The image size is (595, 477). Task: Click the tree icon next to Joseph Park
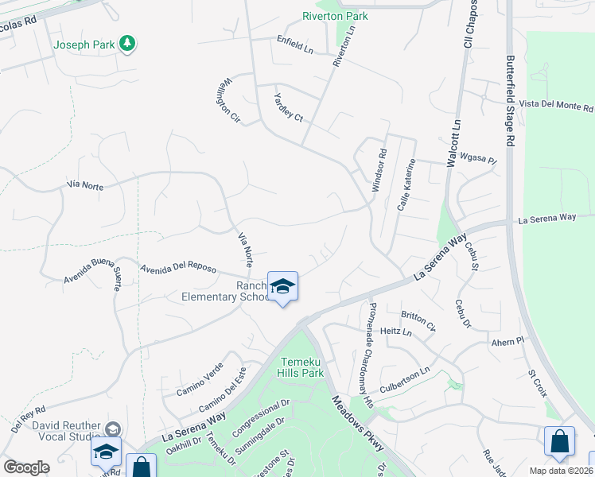127,45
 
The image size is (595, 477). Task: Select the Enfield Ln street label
295,44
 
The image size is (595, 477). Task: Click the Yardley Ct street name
289,107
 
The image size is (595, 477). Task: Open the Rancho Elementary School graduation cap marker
282,286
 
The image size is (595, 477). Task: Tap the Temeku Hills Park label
301,367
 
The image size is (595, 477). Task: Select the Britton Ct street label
418,320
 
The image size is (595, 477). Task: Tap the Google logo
26,467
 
